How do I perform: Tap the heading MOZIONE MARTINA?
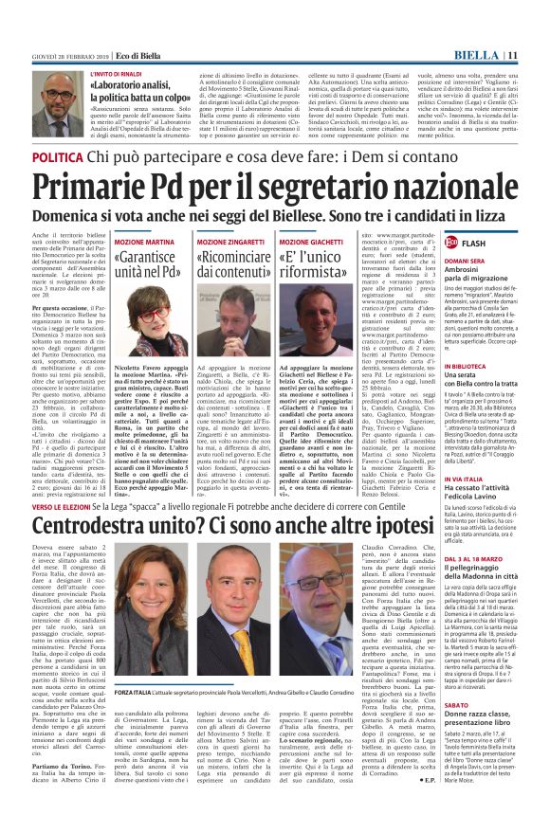144,244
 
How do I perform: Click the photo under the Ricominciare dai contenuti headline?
231,322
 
